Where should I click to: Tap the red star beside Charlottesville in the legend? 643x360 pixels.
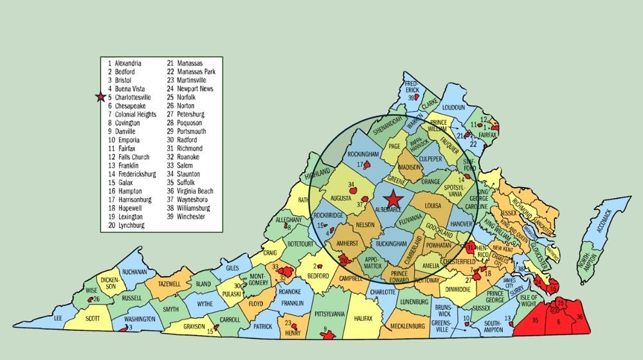100,97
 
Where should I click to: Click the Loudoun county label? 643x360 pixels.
453,107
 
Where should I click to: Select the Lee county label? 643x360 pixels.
58,318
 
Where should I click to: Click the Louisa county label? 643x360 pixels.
433,206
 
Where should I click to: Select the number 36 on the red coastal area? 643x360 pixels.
579,316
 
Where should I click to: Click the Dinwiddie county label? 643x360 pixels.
462,289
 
